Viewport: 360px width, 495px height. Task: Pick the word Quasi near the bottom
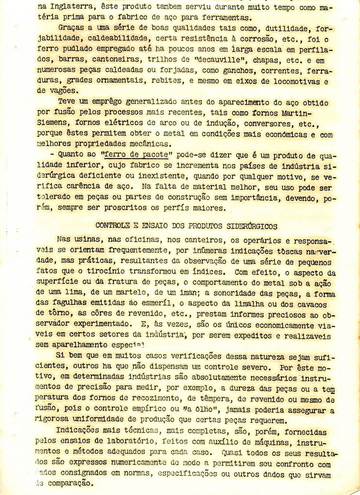pyautogui.click(x=233, y=453)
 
